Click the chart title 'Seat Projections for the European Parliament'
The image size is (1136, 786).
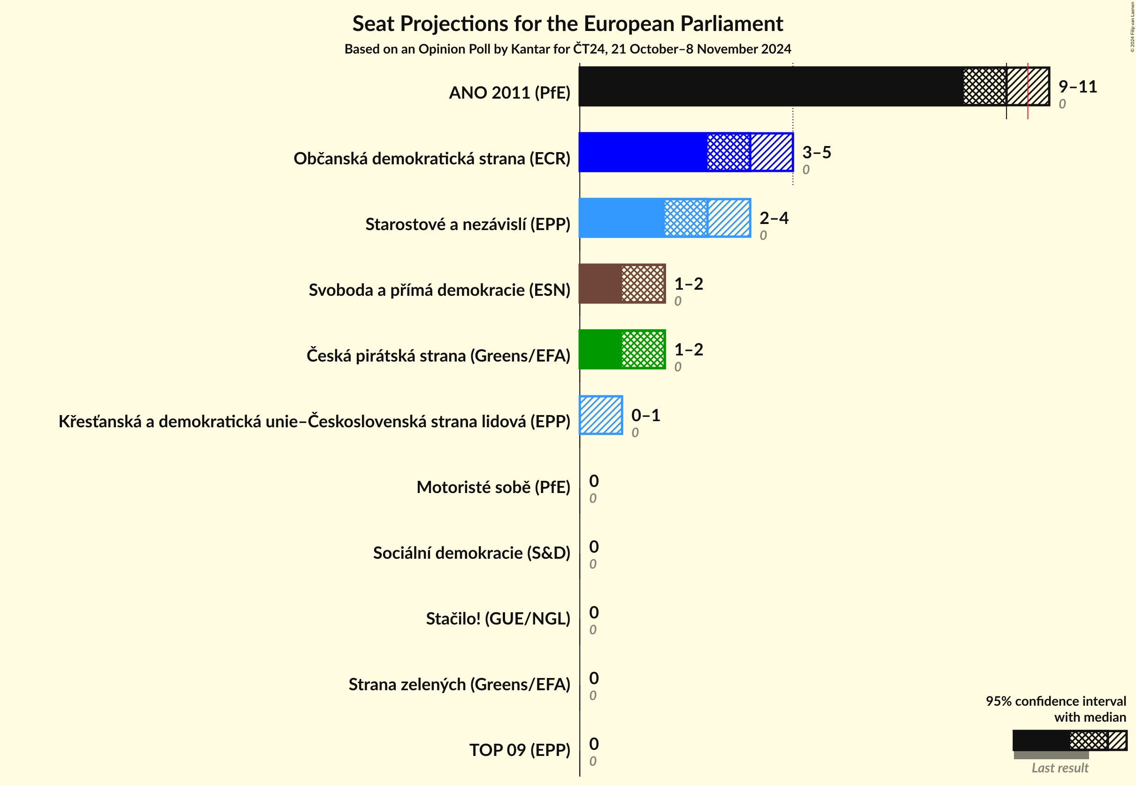pyautogui.click(x=567, y=23)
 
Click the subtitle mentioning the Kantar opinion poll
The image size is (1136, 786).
pyautogui.click(x=567, y=49)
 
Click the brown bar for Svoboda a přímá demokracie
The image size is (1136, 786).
pyautogui.click(x=600, y=284)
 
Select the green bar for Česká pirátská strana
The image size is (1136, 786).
pyautogui.click(x=600, y=350)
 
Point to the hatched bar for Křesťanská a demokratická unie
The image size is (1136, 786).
pyautogui.click(x=601, y=415)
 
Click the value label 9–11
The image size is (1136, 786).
pyautogui.click(x=1077, y=87)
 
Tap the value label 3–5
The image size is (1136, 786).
pyautogui.click(x=816, y=152)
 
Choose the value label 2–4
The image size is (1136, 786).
pyautogui.click(x=774, y=218)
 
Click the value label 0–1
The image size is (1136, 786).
pyautogui.click(x=645, y=415)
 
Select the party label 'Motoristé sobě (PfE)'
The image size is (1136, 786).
pyautogui.click(x=493, y=487)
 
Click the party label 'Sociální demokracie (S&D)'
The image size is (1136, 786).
pyautogui.click(x=471, y=553)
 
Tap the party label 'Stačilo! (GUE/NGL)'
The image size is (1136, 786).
pyautogui.click(x=498, y=618)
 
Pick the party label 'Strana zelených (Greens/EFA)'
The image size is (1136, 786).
pyautogui.click(x=459, y=684)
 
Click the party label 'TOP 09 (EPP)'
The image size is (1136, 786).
pyautogui.click(x=520, y=750)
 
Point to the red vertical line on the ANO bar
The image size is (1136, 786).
pyautogui.click(x=1028, y=91)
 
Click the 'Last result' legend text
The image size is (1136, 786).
pyautogui.click(x=1059, y=768)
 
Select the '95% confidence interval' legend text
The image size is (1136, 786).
pyautogui.click(x=1056, y=701)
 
